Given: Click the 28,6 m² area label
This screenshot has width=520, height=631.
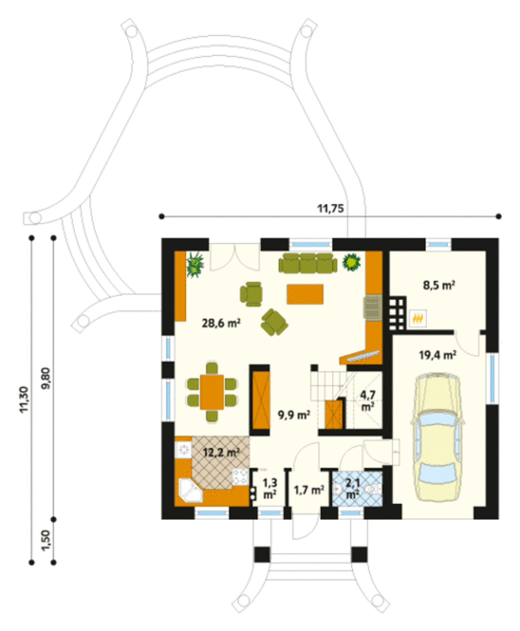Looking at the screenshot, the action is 221,324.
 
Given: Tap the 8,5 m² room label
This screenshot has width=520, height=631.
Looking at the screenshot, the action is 439,285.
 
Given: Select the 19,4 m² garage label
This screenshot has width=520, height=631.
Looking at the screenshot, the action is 438,355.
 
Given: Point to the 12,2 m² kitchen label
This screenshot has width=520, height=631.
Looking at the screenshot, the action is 221,453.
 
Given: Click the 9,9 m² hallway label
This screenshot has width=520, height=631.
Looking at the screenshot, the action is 294,415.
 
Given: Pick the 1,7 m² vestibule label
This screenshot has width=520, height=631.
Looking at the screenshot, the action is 309,490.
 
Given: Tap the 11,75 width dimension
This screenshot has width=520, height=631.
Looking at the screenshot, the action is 330,209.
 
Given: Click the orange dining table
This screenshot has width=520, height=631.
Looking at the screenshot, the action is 212,392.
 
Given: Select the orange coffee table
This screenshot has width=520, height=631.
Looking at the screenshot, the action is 305,294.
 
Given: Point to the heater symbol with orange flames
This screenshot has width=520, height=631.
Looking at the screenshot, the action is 418,318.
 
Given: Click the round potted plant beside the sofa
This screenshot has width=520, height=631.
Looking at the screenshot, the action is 351,262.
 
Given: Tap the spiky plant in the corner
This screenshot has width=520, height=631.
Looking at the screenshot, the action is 195,265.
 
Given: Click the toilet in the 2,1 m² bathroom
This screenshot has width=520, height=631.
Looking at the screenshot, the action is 373,489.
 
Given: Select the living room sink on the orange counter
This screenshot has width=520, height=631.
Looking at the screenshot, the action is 373,307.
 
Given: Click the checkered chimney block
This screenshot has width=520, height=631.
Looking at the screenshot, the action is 397,314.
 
